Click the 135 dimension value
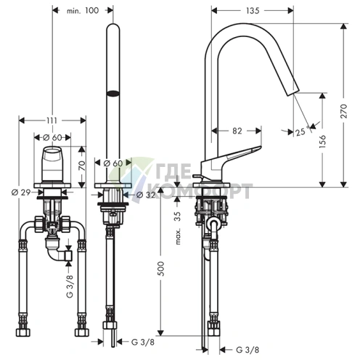(x=253, y=11)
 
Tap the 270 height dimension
(x=343, y=111)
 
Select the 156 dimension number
(x=322, y=142)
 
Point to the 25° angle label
(x=303, y=131)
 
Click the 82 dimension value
(x=237, y=131)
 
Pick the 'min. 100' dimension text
(x=83, y=11)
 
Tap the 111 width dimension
(x=52, y=120)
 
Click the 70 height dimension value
(x=82, y=165)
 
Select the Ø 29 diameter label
(x=21, y=192)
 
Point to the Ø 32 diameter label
(x=146, y=195)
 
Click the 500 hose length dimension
(x=161, y=269)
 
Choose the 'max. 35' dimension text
(x=179, y=228)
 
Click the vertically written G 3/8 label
(x=70, y=287)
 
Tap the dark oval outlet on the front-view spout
(x=113, y=94)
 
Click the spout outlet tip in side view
(x=293, y=93)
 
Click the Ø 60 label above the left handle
(x=52, y=137)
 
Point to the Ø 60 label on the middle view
(x=113, y=163)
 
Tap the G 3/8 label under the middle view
(x=143, y=342)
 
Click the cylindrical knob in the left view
(x=52, y=164)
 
